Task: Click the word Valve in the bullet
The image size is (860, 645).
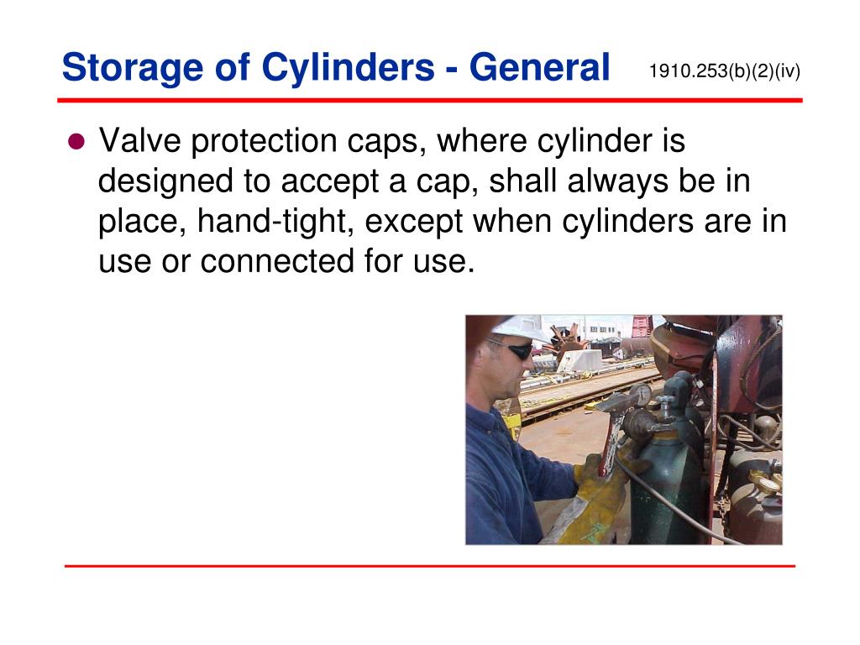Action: [x=139, y=141]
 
